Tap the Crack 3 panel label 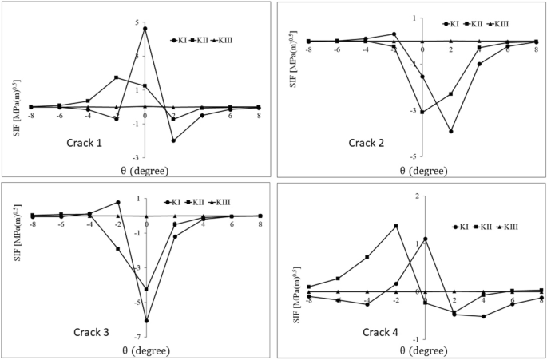[97, 332]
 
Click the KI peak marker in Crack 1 [145, 29]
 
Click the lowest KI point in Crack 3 [146, 321]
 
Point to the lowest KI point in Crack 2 [451, 131]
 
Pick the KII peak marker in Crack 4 [396, 226]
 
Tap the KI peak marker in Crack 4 [425, 239]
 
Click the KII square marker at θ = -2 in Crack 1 [117, 77]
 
